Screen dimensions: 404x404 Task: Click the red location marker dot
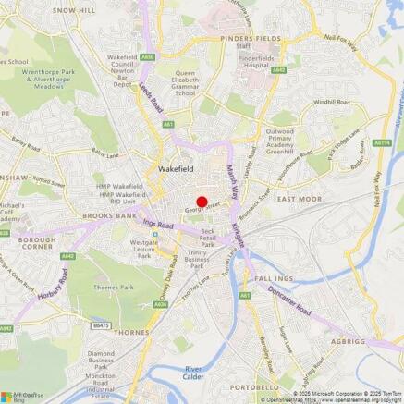(x=202, y=202)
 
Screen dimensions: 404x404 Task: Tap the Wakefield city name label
(x=175, y=169)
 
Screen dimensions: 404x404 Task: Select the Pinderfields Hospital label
(x=256, y=62)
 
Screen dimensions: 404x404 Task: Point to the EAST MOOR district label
(x=299, y=199)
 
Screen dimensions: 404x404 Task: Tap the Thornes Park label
(x=114, y=288)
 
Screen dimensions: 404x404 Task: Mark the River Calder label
(x=193, y=373)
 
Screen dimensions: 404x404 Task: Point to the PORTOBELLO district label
(x=254, y=387)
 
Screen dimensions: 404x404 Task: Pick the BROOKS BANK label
(x=109, y=215)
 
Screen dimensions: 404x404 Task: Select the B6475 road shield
(x=101, y=325)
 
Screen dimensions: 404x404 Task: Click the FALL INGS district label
(x=274, y=278)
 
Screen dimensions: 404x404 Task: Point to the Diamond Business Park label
(x=114, y=358)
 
